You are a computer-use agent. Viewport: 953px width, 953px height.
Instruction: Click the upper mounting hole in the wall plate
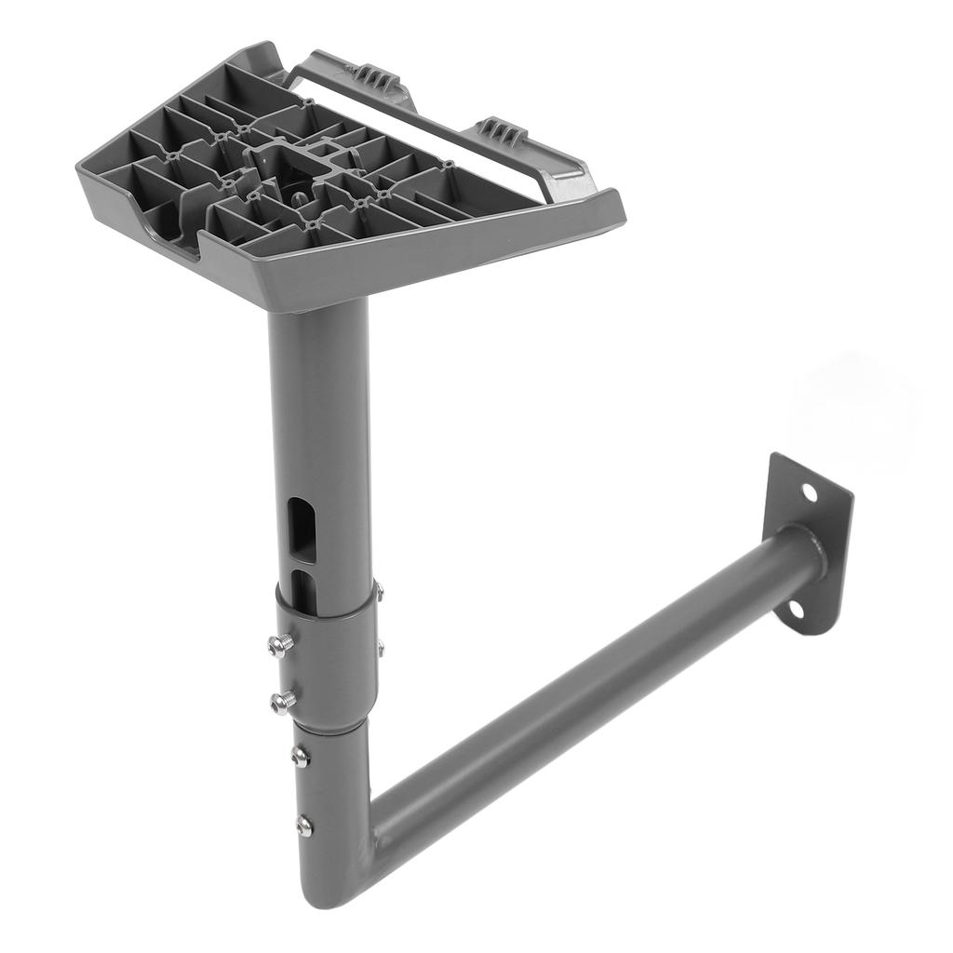(809, 490)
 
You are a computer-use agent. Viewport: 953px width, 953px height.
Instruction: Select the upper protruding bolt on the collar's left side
(280, 644)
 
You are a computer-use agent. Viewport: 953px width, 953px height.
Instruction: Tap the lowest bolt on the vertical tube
(303, 825)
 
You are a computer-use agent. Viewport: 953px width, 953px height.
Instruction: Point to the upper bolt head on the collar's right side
(379, 589)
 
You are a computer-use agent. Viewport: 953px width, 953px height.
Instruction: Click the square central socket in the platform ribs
(288, 167)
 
